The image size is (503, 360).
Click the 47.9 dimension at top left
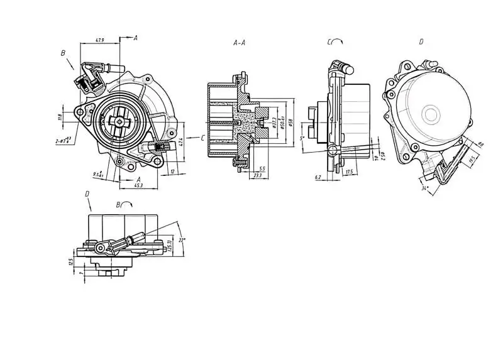pyautogui.click(x=99, y=40)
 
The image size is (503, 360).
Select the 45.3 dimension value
pyautogui.click(x=138, y=185)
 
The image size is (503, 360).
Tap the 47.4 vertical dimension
pyautogui.click(x=180, y=143)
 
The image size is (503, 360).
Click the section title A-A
pyautogui.click(x=240, y=43)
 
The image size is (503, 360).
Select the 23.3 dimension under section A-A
pyautogui.click(x=258, y=177)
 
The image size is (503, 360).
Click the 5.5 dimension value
pyautogui.click(x=262, y=168)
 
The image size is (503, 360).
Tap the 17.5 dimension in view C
pyautogui.click(x=348, y=171)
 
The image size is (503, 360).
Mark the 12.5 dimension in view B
pyautogui.click(x=71, y=261)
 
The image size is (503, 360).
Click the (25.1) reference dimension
pyautogui.click(x=169, y=241)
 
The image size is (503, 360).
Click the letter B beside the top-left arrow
pyautogui.click(x=63, y=54)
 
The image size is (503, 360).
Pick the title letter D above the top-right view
pyautogui.click(x=421, y=42)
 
